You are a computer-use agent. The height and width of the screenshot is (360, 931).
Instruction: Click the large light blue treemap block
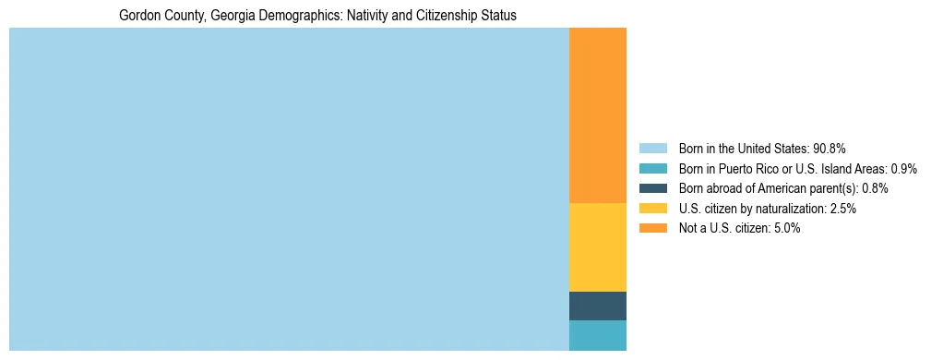point(289,189)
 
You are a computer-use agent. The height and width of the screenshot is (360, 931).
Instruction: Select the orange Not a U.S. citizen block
point(598,115)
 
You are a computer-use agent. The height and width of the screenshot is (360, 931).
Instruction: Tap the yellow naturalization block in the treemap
point(598,246)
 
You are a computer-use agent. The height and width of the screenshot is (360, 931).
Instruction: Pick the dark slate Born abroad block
point(598,306)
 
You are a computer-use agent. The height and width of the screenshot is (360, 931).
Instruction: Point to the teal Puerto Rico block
point(598,335)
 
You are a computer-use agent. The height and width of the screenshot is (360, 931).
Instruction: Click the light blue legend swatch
point(652,148)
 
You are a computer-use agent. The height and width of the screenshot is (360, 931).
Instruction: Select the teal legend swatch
point(652,168)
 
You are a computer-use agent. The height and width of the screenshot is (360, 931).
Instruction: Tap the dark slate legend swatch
point(652,188)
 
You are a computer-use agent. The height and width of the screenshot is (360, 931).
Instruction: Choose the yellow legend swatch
point(652,209)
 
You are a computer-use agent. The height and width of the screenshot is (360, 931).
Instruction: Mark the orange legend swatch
point(652,229)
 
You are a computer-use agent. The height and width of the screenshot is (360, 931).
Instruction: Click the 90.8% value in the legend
point(830,148)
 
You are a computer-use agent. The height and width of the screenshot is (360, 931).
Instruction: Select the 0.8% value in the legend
point(876,188)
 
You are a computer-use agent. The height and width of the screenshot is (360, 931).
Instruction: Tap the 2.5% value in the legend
point(842,209)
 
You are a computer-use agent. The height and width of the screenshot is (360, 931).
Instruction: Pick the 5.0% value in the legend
point(786,229)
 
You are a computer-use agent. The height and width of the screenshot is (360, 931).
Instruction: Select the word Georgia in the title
point(226,16)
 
